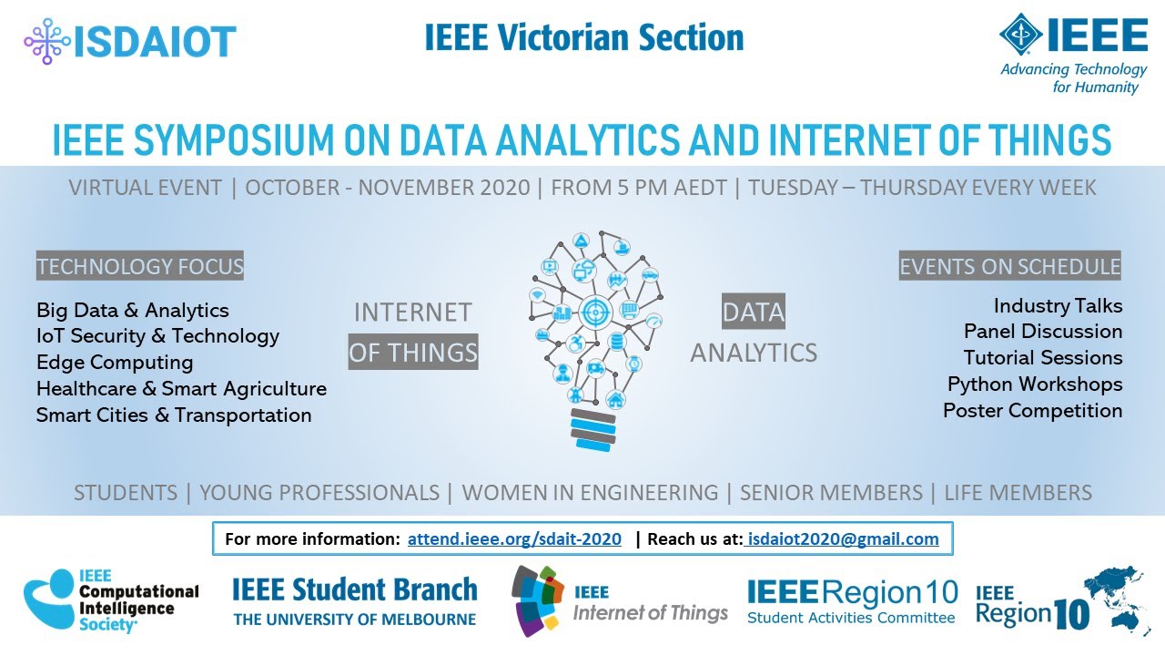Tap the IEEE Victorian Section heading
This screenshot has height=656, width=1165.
pos(583,37)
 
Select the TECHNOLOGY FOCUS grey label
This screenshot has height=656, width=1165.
pos(140,267)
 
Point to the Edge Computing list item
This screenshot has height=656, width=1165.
pos(115,363)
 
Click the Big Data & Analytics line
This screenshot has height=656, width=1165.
pos(133,311)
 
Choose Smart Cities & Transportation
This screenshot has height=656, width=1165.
pos(174,415)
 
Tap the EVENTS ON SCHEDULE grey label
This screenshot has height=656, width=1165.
pos(1009,267)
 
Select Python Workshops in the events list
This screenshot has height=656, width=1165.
pos(1035,384)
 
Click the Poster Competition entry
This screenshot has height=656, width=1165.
pos(1032,411)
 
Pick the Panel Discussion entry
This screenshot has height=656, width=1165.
pos(1043,332)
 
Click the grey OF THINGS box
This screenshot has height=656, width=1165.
pos(413,353)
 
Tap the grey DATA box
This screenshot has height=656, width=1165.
pos(753,313)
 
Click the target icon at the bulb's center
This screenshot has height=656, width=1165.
pos(598,310)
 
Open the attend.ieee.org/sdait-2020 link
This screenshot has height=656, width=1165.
pos(514,539)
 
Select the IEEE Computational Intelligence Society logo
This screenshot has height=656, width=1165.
pos(111,601)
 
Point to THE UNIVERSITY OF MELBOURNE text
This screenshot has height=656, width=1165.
pos(355,620)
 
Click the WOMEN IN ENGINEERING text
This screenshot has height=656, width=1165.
pos(590,493)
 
